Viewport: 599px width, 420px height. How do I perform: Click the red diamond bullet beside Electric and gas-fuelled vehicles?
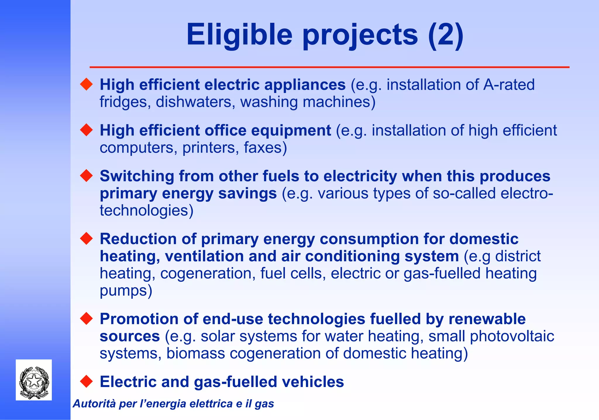pyautogui.click(x=86, y=381)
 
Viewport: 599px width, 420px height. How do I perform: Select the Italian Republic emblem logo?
pyautogui.click(x=34, y=380)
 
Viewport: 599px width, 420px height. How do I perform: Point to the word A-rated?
pyautogui.click(x=509, y=85)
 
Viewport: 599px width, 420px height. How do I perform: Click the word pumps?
pyautogui.click(x=126, y=291)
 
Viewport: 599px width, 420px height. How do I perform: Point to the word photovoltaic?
pyautogui.click(x=512, y=336)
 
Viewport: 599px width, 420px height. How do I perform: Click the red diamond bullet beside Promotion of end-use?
pyautogui.click(x=86, y=319)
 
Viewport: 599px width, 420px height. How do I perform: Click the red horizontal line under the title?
pyautogui.click(x=329, y=67)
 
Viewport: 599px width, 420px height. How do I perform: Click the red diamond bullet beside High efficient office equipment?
pyautogui.click(x=86, y=130)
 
